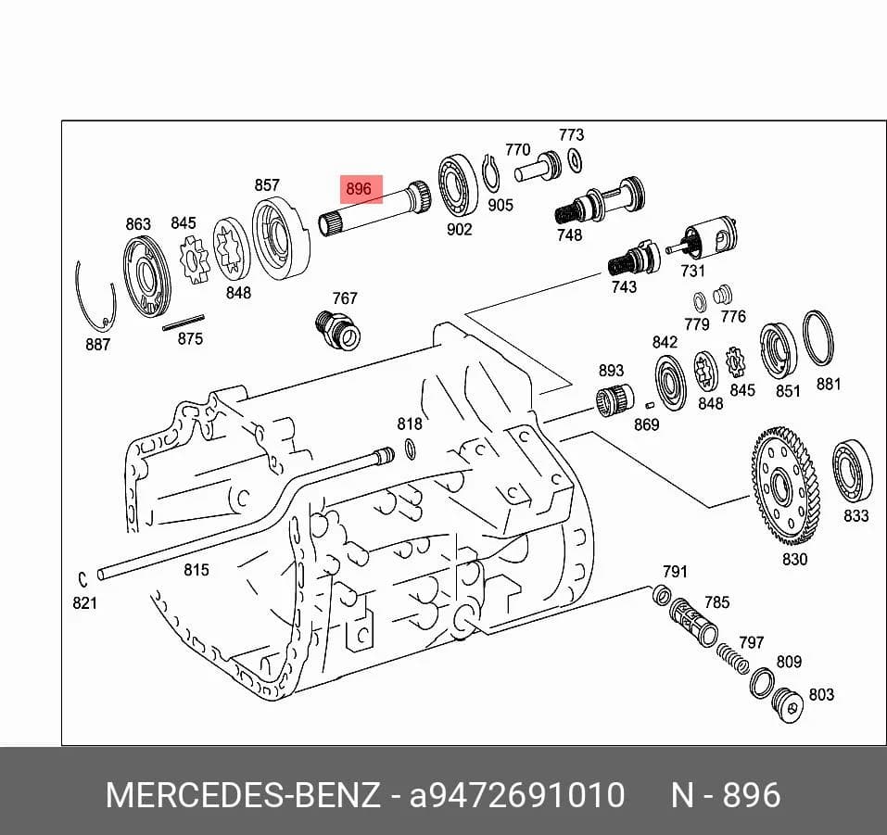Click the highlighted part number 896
359,188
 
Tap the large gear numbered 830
785,486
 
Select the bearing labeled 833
853,471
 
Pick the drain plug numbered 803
788,705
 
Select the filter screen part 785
693,622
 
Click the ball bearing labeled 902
458,185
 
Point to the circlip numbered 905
490,173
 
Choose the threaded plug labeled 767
337,330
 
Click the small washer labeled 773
574,160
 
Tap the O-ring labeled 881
818,338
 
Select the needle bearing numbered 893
615,400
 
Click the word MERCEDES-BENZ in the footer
243,794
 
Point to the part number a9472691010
517,794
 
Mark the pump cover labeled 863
146,277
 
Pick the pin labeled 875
184,322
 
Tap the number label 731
693,271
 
